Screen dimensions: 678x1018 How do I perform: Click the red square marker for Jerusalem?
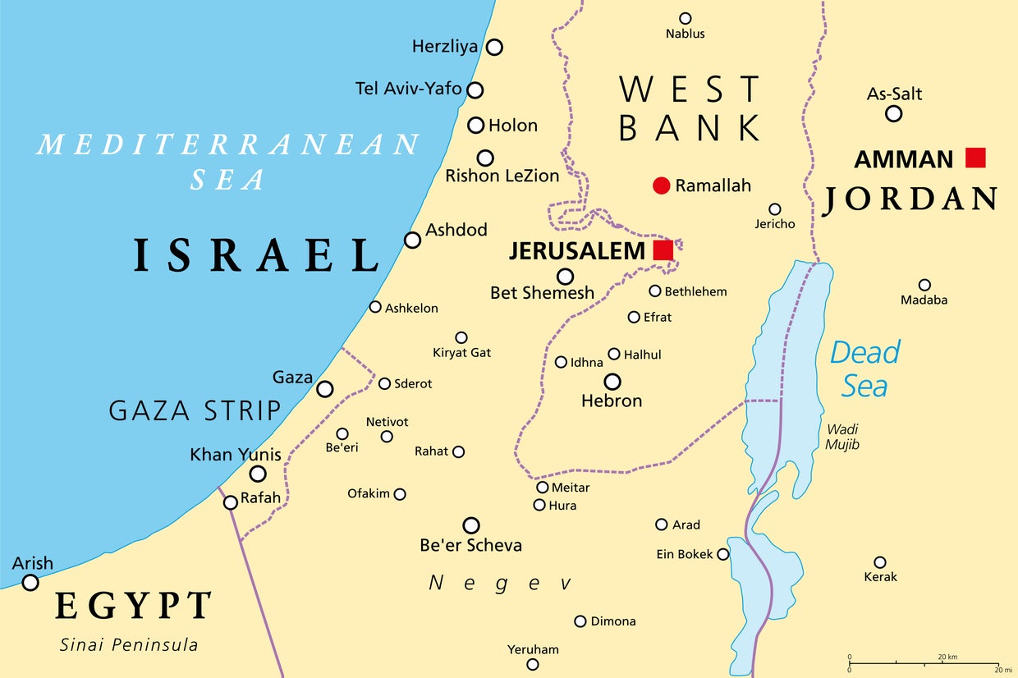[663, 250]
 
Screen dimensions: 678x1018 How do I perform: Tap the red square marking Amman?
[974, 158]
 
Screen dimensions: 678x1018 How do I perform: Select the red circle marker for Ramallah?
[661, 186]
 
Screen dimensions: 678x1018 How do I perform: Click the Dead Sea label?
[864, 369]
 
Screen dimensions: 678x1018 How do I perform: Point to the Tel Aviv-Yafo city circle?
[475, 90]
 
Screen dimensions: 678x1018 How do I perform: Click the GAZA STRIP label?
[195, 410]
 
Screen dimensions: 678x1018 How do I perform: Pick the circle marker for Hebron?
[612, 382]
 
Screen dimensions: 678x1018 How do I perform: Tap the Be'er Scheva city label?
[470, 545]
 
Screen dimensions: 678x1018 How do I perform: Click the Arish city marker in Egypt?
[30, 583]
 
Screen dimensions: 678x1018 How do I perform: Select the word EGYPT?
[134, 607]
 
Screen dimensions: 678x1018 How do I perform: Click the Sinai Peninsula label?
[129, 644]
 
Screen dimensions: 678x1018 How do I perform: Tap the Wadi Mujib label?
[842, 436]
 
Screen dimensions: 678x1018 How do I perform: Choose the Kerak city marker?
[880, 562]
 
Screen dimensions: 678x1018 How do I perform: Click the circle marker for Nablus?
[686, 18]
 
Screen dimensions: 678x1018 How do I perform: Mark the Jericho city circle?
[774, 209]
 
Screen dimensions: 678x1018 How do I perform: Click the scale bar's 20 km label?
[947, 657]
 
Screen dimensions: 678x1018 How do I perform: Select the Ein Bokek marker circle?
[722, 554]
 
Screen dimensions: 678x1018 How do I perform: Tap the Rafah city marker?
[231, 502]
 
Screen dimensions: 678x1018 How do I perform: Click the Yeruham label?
[533, 649]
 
